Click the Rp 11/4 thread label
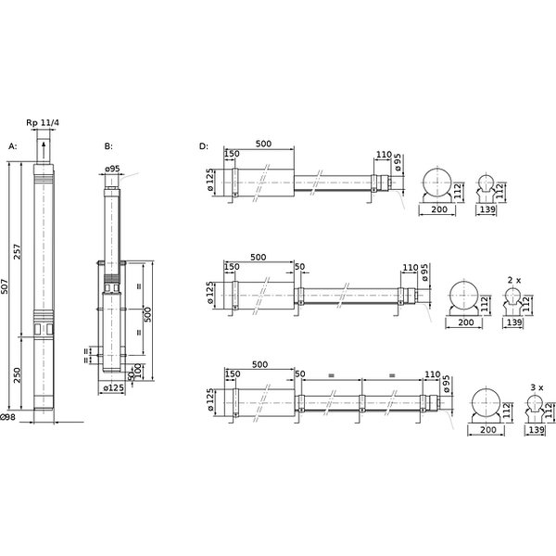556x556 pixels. click(x=43, y=122)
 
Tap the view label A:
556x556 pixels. click(x=12, y=146)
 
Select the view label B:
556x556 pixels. click(x=108, y=146)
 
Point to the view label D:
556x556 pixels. click(x=204, y=146)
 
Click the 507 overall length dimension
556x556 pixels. click(x=5, y=286)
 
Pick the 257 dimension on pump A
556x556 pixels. click(x=18, y=251)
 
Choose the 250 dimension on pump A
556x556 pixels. click(x=18, y=374)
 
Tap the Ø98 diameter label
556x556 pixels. click(x=7, y=417)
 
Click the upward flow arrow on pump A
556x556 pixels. click(x=44, y=150)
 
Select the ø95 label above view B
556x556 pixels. click(x=112, y=169)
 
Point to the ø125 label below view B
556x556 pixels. click(x=114, y=388)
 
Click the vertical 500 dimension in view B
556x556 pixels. click(x=148, y=314)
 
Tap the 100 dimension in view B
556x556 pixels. click(x=138, y=371)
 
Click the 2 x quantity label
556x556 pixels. click(x=514, y=280)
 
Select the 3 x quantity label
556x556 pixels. click(x=537, y=387)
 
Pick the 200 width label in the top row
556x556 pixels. click(x=439, y=209)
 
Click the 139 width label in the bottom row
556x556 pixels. click(x=537, y=430)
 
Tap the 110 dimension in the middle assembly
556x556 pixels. click(x=411, y=268)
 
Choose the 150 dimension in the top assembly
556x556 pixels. click(x=232, y=154)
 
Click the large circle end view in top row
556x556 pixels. click(x=437, y=182)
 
